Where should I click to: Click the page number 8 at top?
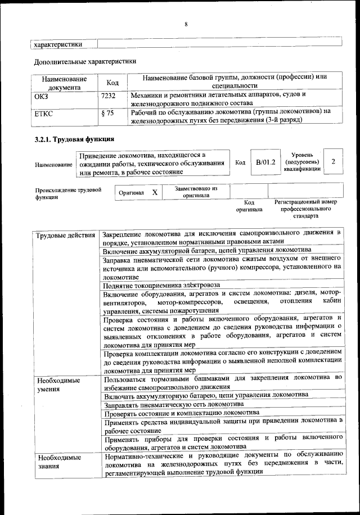[x=185, y=24]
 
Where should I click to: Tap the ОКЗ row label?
[x=42, y=96]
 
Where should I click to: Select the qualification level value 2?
[x=334, y=162]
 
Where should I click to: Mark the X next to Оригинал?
[x=155, y=192]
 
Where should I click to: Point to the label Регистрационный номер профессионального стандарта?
[x=305, y=209]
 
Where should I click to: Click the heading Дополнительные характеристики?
[x=85, y=61]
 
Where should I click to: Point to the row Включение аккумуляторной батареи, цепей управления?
[x=206, y=250]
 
